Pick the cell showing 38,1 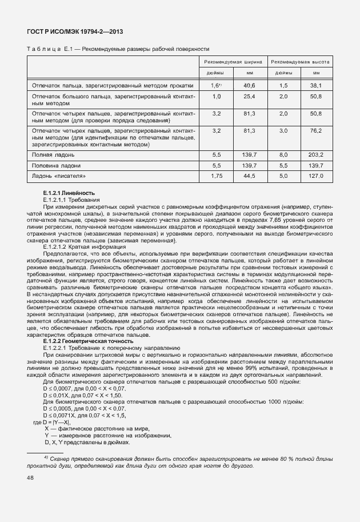[x=316, y=85]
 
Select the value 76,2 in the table [x=316, y=131]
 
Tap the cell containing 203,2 [x=316, y=155]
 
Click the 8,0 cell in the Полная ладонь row [x=283, y=155]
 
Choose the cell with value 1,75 [x=216, y=176]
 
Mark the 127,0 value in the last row [x=316, y=176]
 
